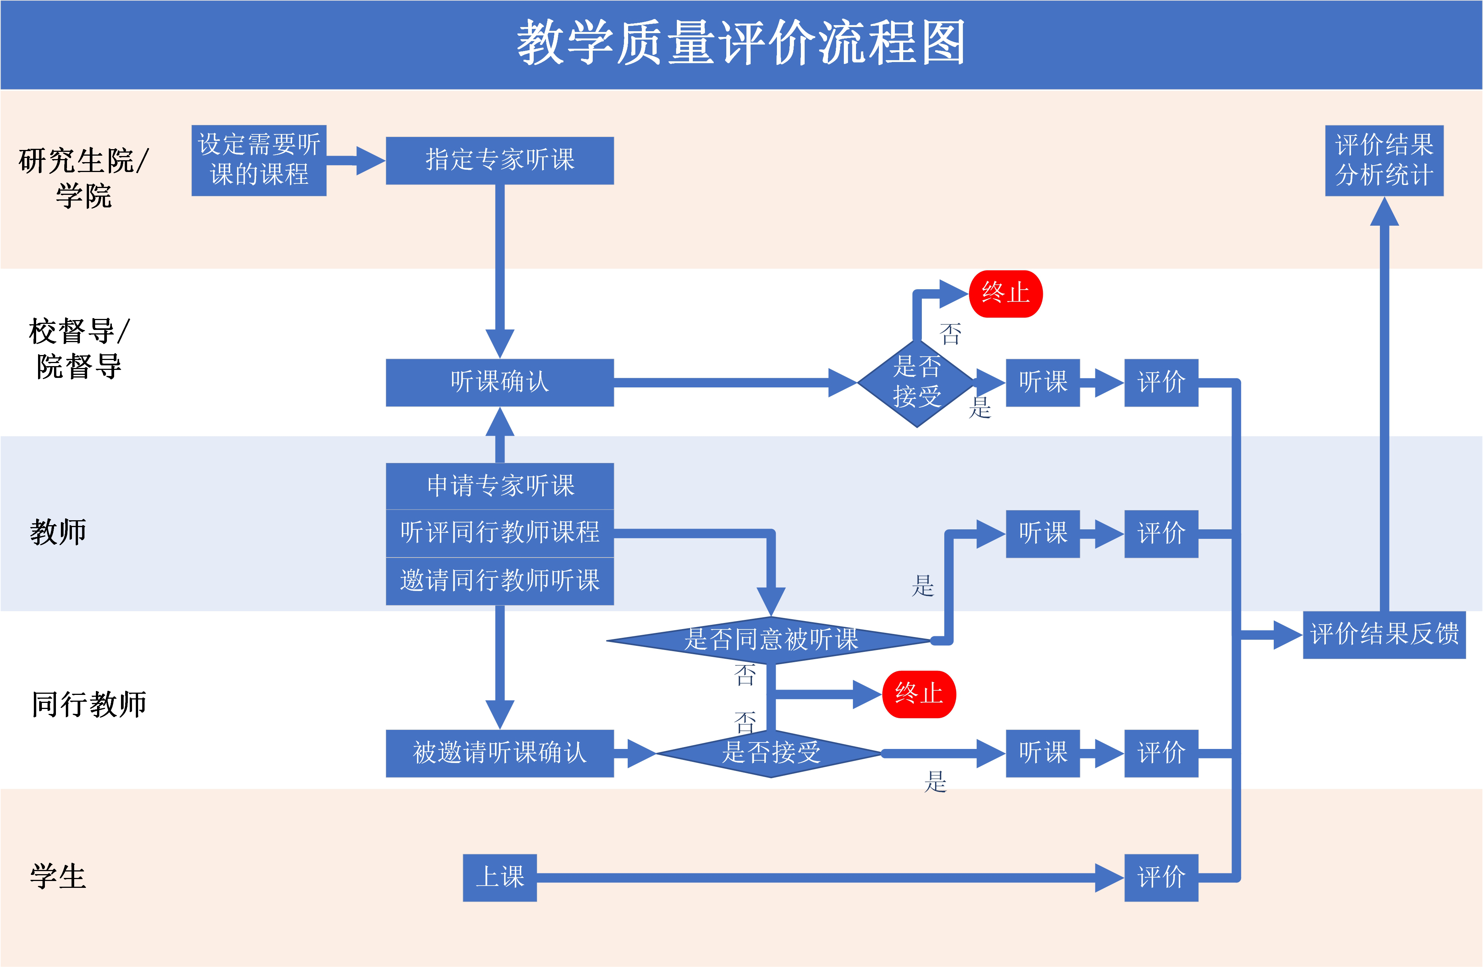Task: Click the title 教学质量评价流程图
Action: click(741, 42)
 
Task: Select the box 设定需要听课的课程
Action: click(259, 160)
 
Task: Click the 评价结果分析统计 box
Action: click(1384, 160)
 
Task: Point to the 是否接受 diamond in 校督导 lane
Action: click(917, 382)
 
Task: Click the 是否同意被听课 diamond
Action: click(771, 640)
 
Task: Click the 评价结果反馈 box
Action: click(1384, 635)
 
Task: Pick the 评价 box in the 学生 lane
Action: click(1161, 877)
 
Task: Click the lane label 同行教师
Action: click(89, 704)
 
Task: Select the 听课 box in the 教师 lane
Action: click(1042, 533)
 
